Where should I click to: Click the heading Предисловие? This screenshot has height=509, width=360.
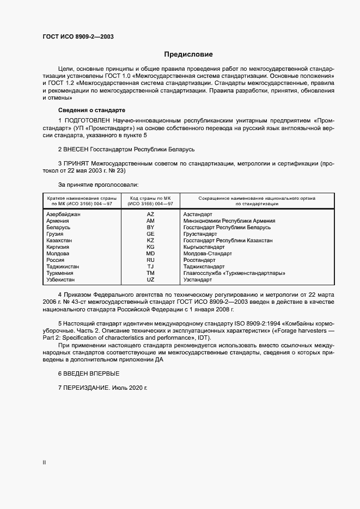[x=188, y=54]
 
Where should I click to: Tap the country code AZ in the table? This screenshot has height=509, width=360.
[x=150, y=214]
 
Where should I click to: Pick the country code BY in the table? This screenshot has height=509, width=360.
[x=150, y=228]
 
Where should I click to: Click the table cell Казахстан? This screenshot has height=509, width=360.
[x=59, y=241]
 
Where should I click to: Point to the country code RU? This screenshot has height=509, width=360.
[x=150, y=260]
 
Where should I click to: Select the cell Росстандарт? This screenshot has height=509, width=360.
[x=199, y=260]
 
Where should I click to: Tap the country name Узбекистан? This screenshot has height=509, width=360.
[x=62, y=280]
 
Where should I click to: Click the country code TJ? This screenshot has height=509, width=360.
[x=150, y=267]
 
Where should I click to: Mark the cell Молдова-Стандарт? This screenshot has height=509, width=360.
[x=208, y=254]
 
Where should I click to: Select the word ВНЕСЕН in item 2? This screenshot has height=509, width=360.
[x=78, y=149]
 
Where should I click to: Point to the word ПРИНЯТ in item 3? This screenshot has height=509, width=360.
[x=78, y=163]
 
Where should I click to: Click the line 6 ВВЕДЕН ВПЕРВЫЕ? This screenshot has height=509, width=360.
[x=88, y=373]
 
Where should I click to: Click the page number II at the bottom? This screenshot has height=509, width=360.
[x=44, y=462]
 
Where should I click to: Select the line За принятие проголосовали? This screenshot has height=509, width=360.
[x=97, y=185]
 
